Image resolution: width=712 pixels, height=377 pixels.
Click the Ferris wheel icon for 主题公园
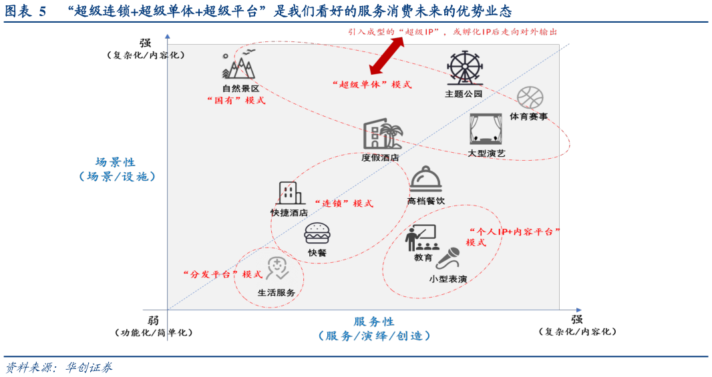(x=464, y=68)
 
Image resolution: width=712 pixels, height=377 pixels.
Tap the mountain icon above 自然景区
(x=239, y=65)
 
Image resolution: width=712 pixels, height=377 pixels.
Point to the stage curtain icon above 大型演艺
(x=486, y=129)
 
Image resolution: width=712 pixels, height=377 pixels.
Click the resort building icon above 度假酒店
(x=382, y=134)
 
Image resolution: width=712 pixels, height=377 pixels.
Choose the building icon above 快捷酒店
(x=289, y=194)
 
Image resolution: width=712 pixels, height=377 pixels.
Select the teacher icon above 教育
(x=422, y=238)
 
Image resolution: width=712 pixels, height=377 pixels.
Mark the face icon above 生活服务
(x=277, y=268)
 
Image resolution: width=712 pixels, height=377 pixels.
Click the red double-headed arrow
(x=387, y=56)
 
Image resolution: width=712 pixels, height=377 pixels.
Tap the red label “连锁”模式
(x=344, y=204)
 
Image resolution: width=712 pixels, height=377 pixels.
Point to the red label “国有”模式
(x=236, y=100)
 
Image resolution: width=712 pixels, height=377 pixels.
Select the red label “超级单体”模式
(x=372, y=84)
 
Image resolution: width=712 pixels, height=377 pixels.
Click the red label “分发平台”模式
(x=222, y=274)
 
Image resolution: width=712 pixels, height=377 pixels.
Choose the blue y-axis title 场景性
(x=116, y=162)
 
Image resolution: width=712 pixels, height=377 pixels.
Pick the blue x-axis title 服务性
(x=374, y=322)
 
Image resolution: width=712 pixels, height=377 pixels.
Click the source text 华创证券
(x=89, y=368)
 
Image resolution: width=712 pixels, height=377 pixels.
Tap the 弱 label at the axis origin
(x=154, y=320)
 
